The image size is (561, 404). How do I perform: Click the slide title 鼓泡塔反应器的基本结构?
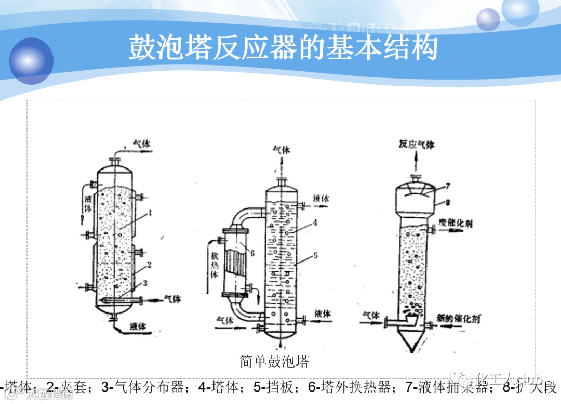pyautogui.click(x=283, y=48)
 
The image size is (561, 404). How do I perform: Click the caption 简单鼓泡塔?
pyautogui.click(x=274, y=361)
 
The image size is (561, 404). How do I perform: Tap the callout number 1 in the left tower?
pyautogui.click(x=149, y=212)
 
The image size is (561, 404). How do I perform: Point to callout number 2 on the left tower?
pyautogui.click(x=149, y=265)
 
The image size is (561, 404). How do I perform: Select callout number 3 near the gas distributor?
pyautogui.click(x=145, y=283)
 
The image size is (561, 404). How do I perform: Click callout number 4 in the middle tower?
pyautogui.click(x=315, y=223)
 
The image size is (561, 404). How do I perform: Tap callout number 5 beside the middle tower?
pyautogui.click(x=315, y=255)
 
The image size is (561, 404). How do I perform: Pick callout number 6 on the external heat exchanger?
pyautogui.click(x=252, y=253)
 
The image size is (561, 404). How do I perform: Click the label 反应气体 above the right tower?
pyautogui.click(x=416, y=144)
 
